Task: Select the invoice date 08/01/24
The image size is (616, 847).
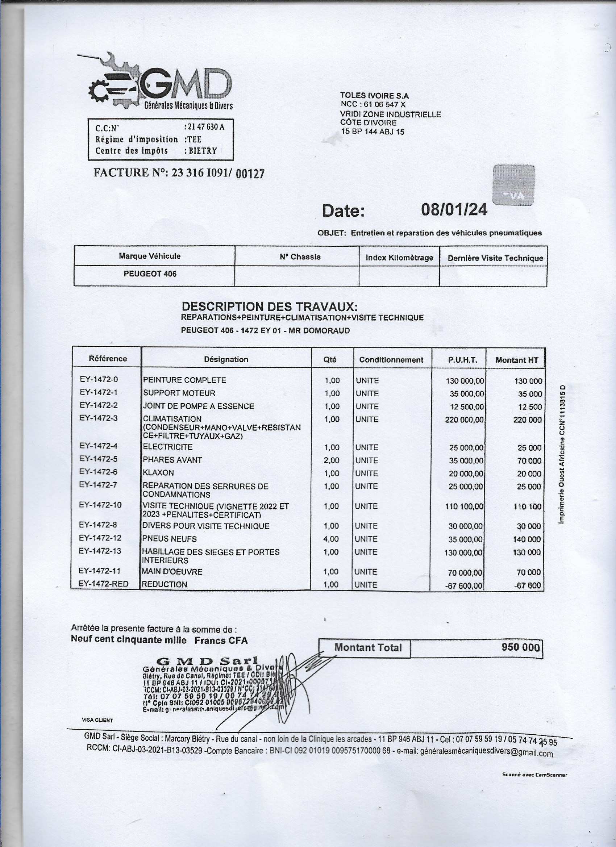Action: click(x=454, y=210)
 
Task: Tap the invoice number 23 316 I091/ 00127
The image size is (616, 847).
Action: click(x=218, y=173)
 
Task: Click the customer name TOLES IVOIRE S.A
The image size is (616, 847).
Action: click(x=374, y=96)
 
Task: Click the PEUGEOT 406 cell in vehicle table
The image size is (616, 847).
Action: click(x=150, y=274)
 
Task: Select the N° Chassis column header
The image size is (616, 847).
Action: click(x=300, y=257)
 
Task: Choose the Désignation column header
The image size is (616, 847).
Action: click(x=226, y=359)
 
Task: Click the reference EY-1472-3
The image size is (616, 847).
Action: click(x=99, y=418)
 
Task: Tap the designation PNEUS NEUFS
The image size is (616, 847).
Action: click(x=170, y=539)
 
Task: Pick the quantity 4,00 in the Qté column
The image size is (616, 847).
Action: click(x=331, y=539)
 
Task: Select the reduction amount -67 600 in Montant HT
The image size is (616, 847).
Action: click(x=527, y=585)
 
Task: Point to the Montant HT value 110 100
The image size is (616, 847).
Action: click(x=526, y=506)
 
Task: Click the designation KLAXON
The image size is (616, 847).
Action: click(x=158, y=473)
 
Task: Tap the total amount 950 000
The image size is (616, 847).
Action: click(x=521, y=647)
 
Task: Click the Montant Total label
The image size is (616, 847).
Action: click(x=367, y=648)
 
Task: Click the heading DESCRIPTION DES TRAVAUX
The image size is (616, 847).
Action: click(x=269, y=306)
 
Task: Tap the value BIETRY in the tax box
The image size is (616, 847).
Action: click(x=203, y=151)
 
